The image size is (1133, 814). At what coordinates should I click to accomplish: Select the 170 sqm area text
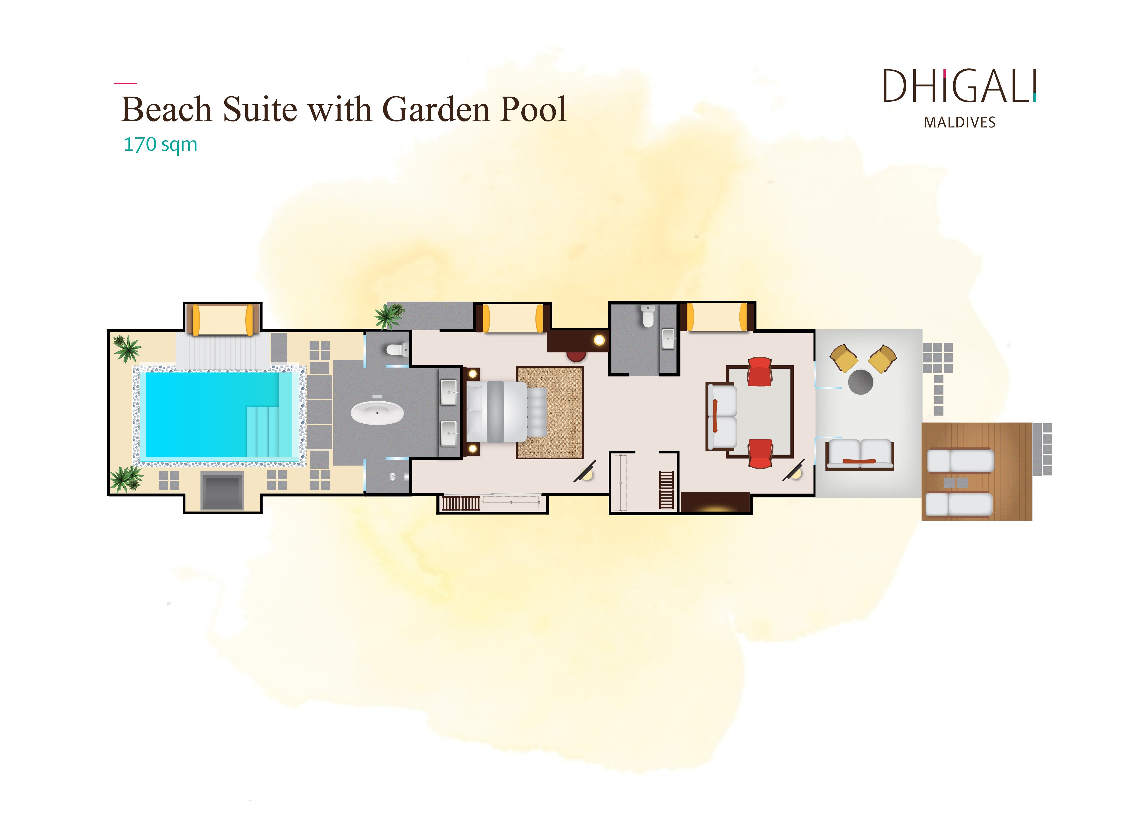pos(160,144)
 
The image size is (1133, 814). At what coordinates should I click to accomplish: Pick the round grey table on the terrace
pos(860,382)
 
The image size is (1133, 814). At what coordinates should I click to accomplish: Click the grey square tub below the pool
pos(222,491)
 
